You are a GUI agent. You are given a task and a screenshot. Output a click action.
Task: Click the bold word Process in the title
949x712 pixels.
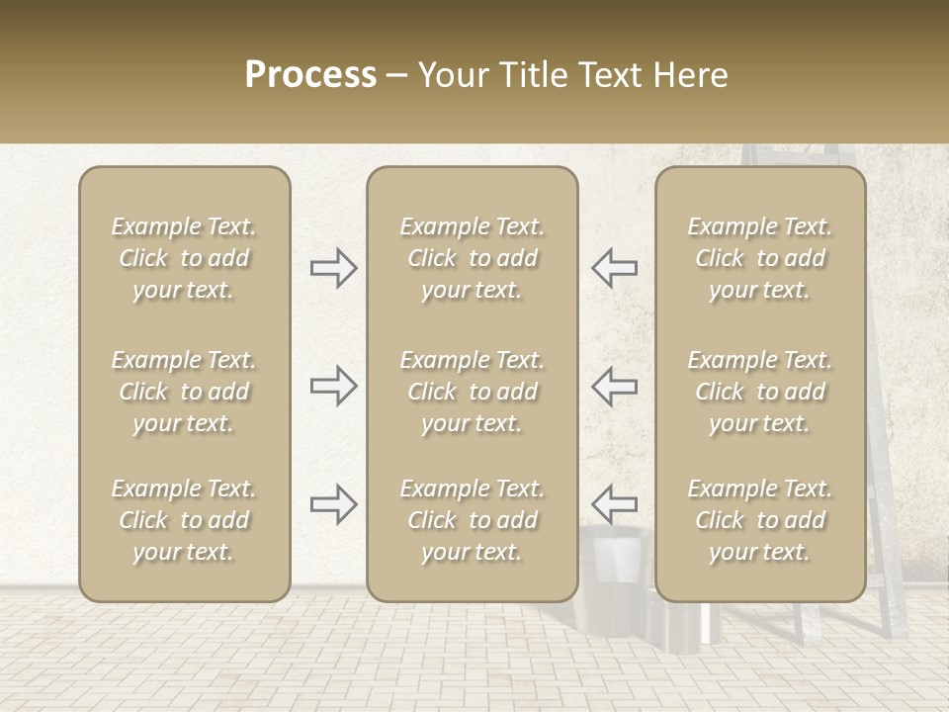(x=310, y=75)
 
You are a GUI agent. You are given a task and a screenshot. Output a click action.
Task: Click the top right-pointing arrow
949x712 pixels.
(x=334, y=268)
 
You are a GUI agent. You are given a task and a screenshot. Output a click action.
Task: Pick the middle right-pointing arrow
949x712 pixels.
(x=334, y=386)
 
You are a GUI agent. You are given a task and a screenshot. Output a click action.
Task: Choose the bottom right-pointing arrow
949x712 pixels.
(x=334, y=504)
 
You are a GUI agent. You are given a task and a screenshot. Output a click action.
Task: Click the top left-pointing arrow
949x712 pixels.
(x=614, y=268)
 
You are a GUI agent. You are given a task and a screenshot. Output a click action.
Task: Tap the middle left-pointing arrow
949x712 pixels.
(x=614, y=386)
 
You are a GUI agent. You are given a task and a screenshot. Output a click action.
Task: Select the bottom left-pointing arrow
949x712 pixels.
(x=614, y=504)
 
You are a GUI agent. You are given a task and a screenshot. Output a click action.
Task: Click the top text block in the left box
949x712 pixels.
(x=184, y=258)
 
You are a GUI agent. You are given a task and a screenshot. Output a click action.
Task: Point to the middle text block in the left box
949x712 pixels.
(x=184, y=392)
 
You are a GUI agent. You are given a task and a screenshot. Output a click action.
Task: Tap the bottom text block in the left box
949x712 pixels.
(x=184, y=520)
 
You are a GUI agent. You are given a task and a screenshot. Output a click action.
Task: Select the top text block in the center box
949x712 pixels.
(x=473, y=258)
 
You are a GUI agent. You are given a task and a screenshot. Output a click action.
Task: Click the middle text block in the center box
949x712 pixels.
(x=473, y=392)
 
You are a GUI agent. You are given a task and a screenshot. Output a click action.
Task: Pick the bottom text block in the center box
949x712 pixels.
(x=473, y=520)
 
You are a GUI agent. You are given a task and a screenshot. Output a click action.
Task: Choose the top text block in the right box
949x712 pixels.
(x=760, y=258)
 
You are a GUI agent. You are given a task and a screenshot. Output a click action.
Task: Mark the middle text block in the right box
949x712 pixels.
(x=760, y=392)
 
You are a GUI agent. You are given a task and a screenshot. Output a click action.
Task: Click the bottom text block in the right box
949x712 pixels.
(x=760, y=520)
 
